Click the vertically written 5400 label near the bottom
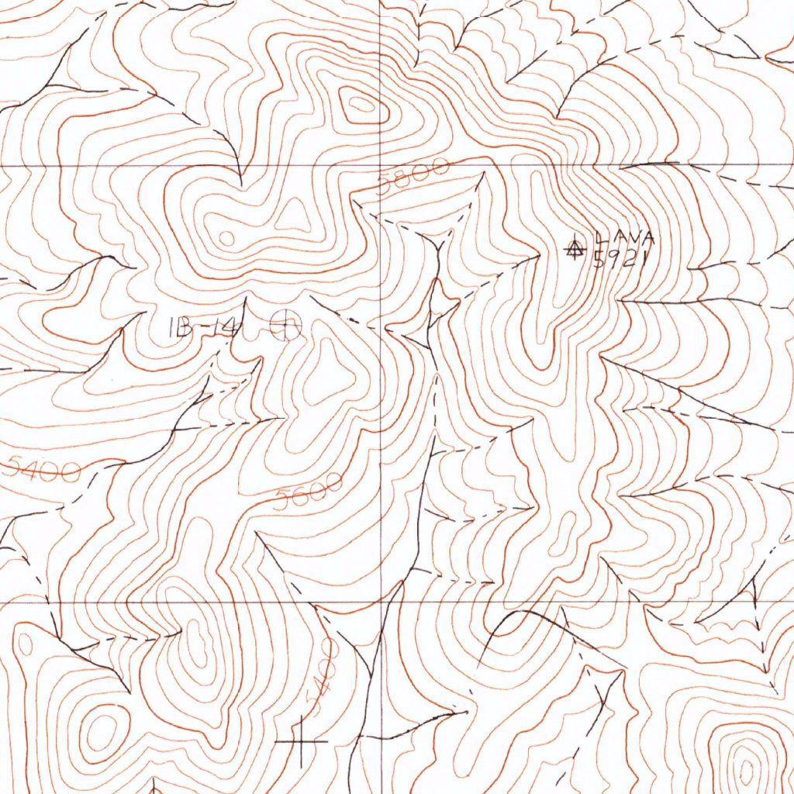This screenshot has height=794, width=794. tap(323, 675)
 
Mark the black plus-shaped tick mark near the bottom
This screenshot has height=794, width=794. tap(302, 741)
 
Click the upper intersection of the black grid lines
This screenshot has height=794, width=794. tap(381, 165)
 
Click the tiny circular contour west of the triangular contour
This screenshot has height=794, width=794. tap(226, 237)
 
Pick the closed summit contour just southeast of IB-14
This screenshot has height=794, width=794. tap(326, 376)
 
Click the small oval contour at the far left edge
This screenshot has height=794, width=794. tap(25, 644)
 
